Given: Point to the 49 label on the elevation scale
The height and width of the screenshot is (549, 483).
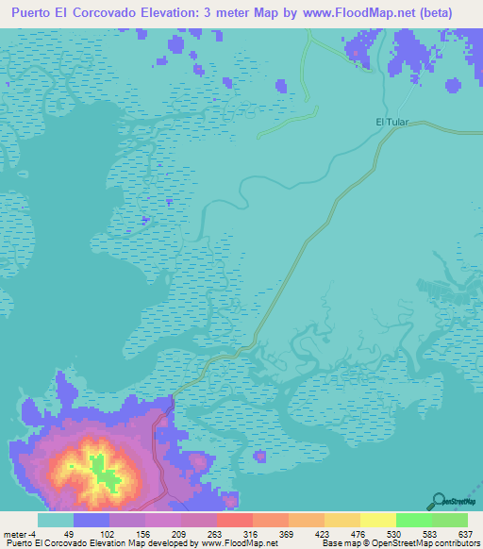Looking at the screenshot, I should (69, 534).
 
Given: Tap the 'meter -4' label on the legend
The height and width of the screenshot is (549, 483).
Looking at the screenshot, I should (21, 534).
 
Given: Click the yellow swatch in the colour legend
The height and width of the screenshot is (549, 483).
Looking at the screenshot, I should (377, 520).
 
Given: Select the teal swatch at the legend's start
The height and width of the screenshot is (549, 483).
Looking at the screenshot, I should (56, 520).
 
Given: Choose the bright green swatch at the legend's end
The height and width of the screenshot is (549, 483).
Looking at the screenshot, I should (449, 520).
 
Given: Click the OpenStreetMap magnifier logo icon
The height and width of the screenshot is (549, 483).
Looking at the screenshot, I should (439, 501).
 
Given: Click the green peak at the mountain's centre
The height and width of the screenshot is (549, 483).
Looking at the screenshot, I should (97, 465).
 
